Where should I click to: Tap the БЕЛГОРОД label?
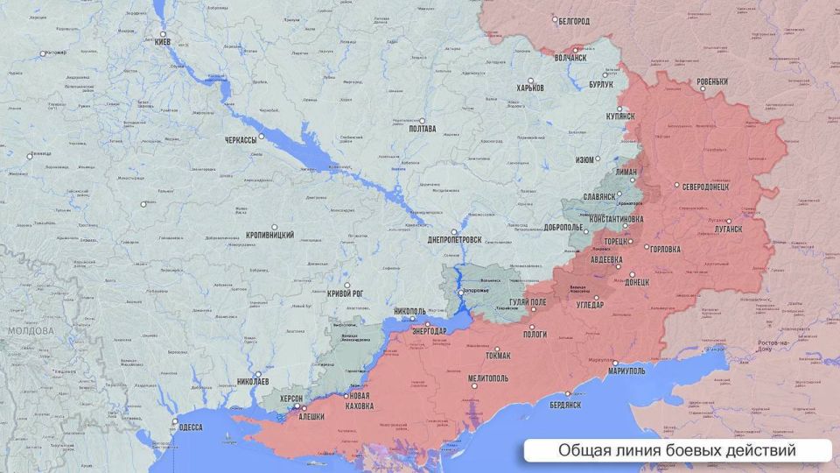click(573, 20)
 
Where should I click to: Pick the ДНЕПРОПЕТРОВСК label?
click(456, 239)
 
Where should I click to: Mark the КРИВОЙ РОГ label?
click(345, 294)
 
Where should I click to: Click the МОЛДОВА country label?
click(31, 331)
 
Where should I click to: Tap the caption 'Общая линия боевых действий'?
click(676, 451)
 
